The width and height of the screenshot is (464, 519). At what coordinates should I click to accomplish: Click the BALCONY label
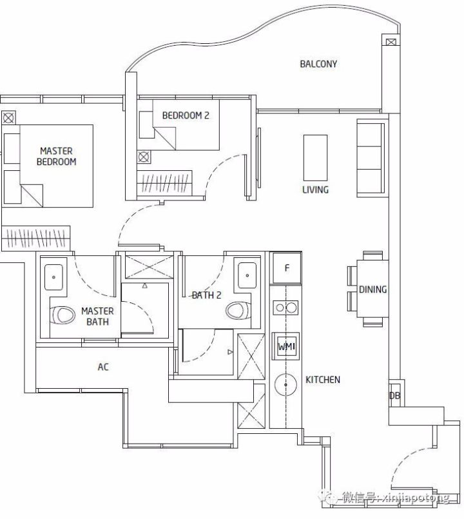318,64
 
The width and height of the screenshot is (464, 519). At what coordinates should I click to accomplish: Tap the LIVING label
315,190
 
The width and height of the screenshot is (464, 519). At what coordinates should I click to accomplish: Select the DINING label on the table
372,289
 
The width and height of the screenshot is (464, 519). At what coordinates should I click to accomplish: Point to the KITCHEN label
323,380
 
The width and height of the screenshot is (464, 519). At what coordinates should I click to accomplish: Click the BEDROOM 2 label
186,115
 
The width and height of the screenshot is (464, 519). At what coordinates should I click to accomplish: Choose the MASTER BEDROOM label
56,156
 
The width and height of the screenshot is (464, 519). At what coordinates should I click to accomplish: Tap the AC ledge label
103,367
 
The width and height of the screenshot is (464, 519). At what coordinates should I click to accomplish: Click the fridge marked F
287,268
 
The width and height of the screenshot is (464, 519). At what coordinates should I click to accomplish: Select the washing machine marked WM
285,346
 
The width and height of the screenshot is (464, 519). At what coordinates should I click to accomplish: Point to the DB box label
394,395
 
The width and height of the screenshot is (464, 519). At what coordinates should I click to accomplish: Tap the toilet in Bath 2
238,311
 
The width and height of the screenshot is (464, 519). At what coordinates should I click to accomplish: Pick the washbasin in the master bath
53,277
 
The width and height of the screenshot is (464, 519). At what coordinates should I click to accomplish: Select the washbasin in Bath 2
247,275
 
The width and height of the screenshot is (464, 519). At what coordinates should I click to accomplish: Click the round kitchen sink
286,385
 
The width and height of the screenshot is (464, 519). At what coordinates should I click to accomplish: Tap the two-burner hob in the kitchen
285,308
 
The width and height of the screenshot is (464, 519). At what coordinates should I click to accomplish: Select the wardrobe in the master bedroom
35,238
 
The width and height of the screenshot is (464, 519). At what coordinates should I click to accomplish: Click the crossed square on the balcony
391,42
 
